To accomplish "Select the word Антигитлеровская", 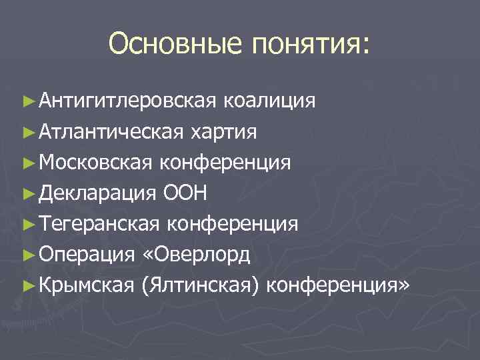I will point(126,101).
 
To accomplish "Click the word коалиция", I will point(269,101).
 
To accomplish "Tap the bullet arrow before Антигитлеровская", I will point(27,101).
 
